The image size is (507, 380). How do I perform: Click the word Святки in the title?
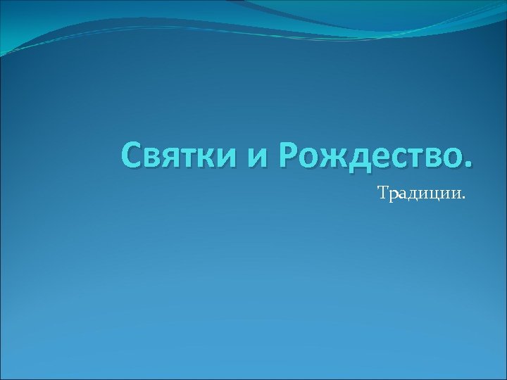coord(179,155)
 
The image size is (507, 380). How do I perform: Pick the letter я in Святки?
coord(173,158)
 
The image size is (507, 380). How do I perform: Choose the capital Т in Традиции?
coord(383,192)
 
